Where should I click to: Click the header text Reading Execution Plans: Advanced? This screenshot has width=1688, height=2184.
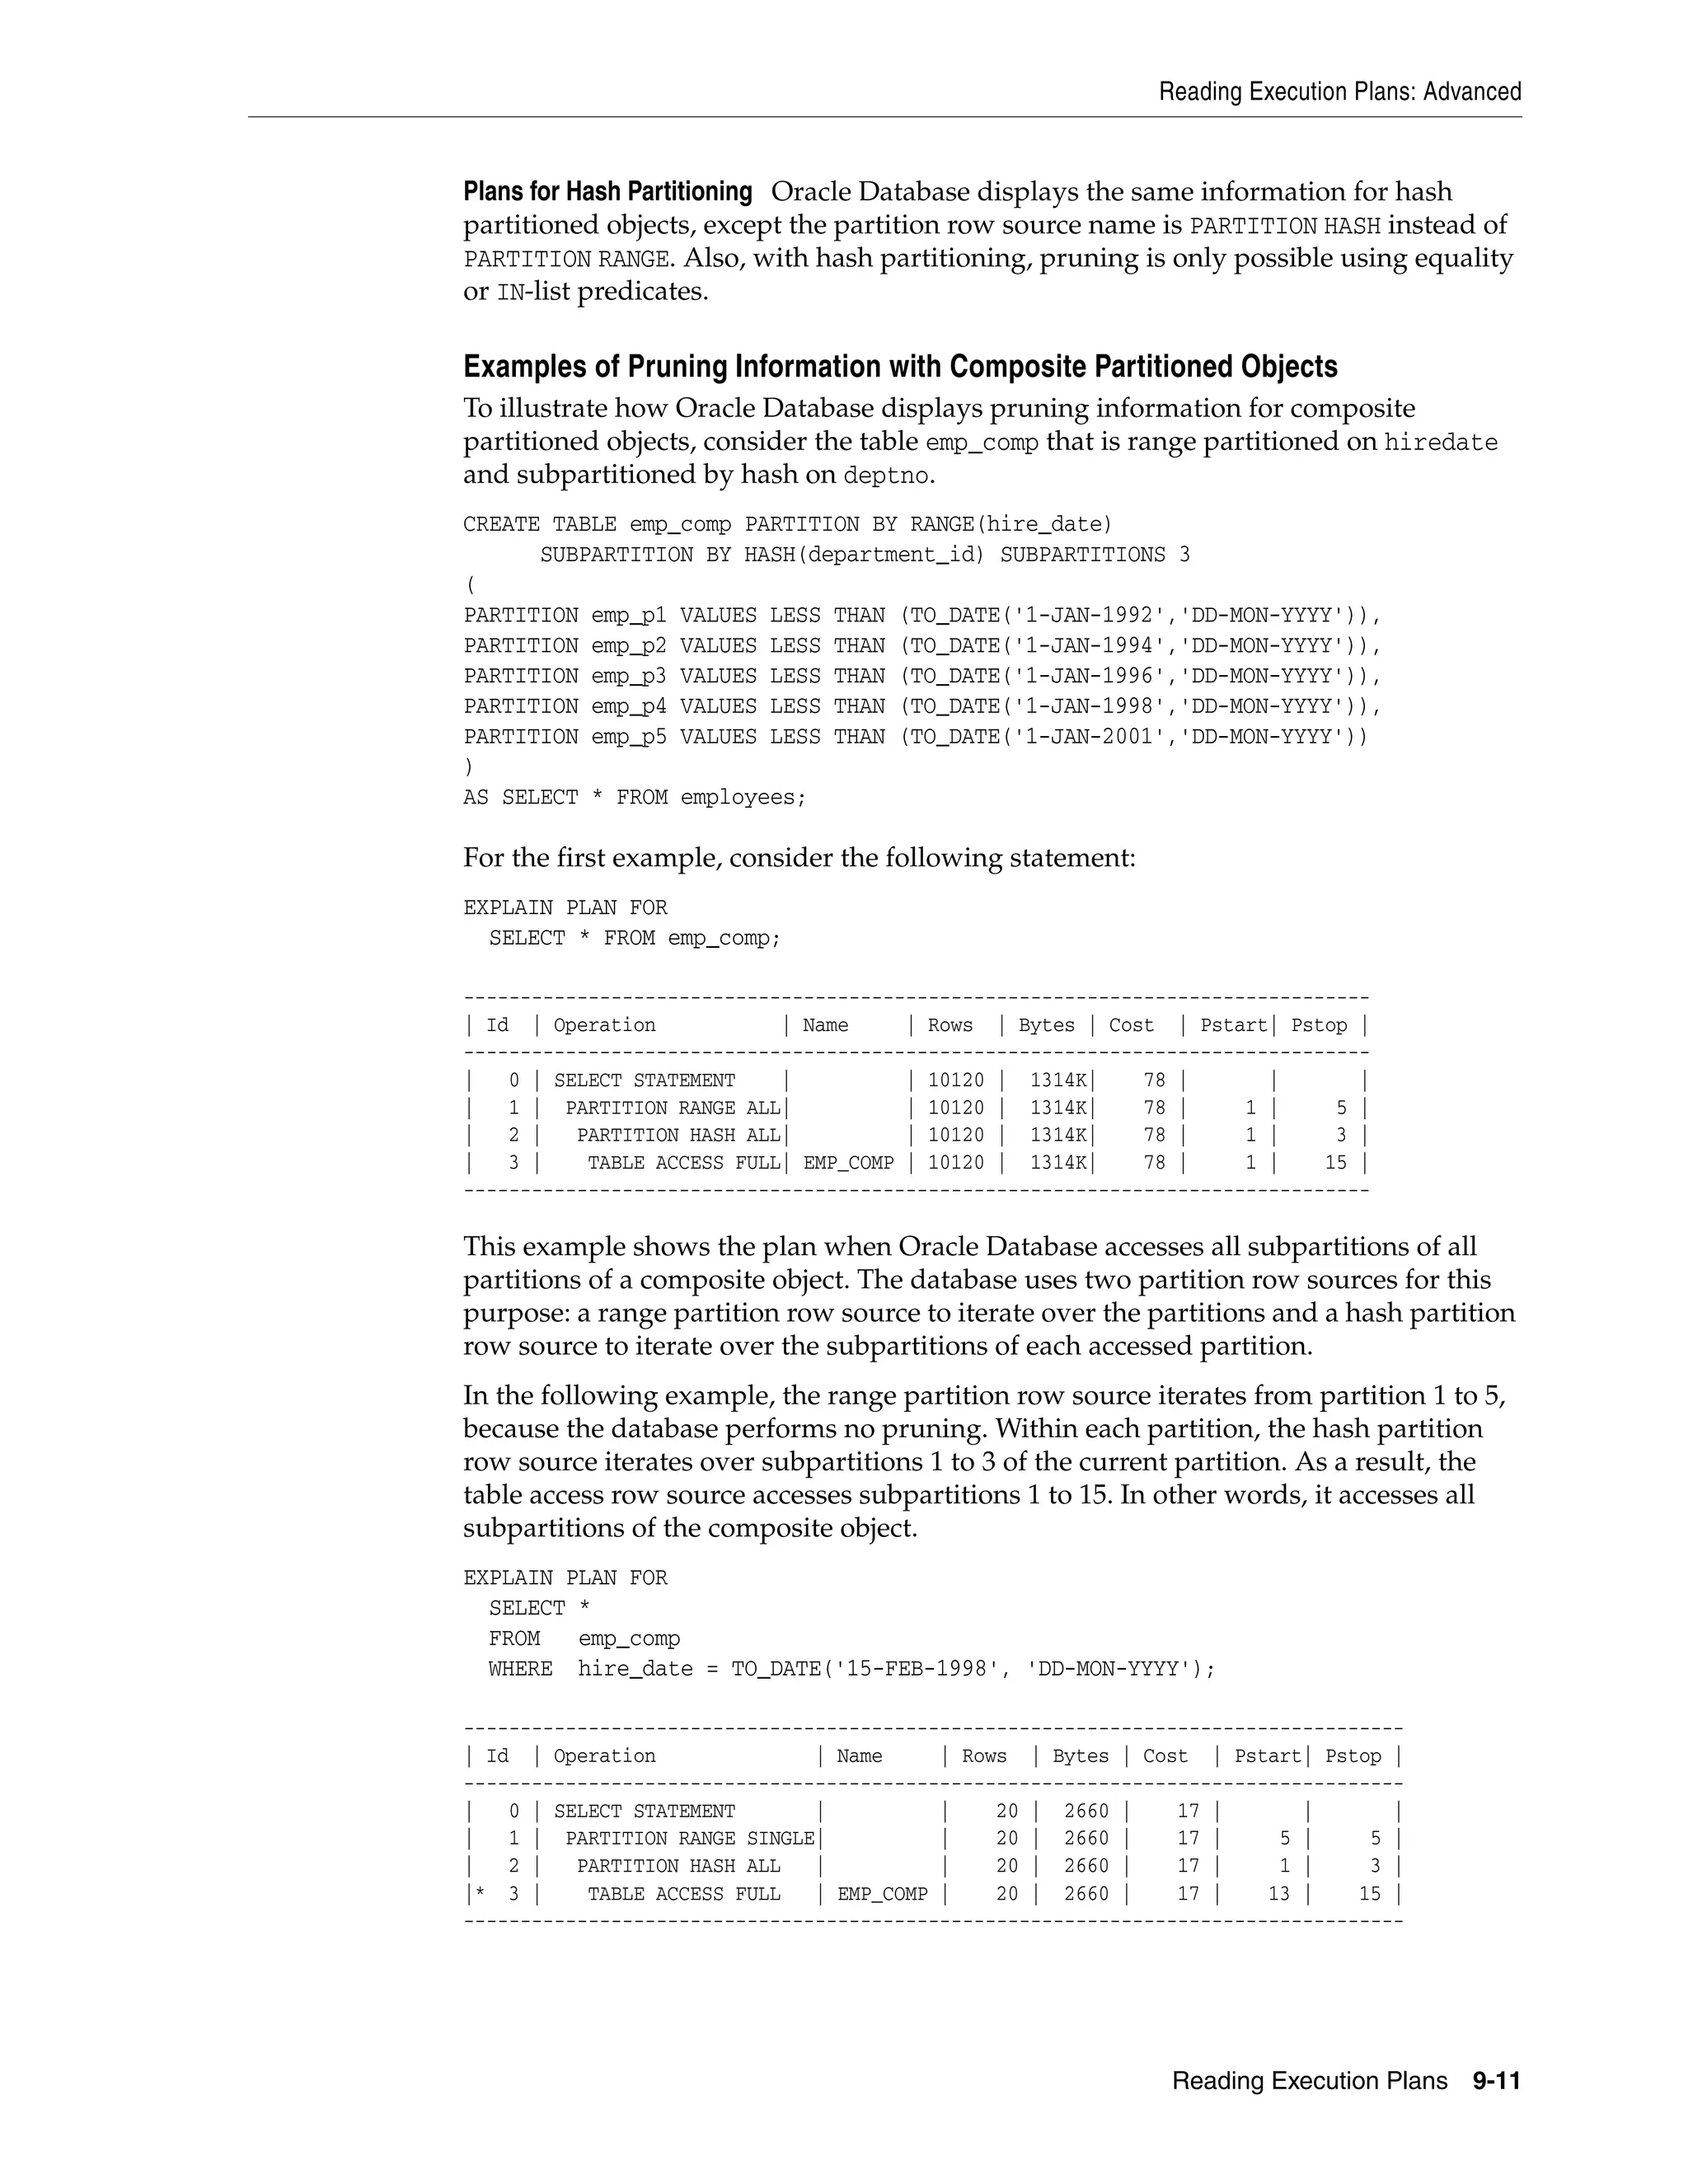click(x=1339, y=92)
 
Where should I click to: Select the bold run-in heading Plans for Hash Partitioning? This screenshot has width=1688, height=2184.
click(x=607, y=191)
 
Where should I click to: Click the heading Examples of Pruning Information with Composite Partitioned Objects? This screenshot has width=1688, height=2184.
click(x=899, y=367)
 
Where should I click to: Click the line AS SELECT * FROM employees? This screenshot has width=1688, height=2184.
click(x=634, y=798)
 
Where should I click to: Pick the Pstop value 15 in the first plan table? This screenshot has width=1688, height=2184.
click(x=1335, y=1163)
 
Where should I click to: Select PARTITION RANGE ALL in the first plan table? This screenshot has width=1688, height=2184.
click(x=672, y=1108)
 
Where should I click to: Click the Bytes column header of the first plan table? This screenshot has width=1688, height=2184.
click(x=1046, y=1025)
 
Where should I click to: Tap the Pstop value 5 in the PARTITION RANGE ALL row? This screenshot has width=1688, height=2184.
click(x=1341, y=1108)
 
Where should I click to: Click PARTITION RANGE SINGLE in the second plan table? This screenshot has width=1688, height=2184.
click(x=689, y=1839)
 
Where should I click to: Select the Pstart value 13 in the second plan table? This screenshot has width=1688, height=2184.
click(x=1278, y=1894)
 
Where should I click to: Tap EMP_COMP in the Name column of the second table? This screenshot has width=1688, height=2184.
click(x=882, y=1894)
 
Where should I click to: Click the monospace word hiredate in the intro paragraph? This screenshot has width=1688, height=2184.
click(x=1440, y=443)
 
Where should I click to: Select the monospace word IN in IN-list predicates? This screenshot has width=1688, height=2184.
click(x=508, y=293)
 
